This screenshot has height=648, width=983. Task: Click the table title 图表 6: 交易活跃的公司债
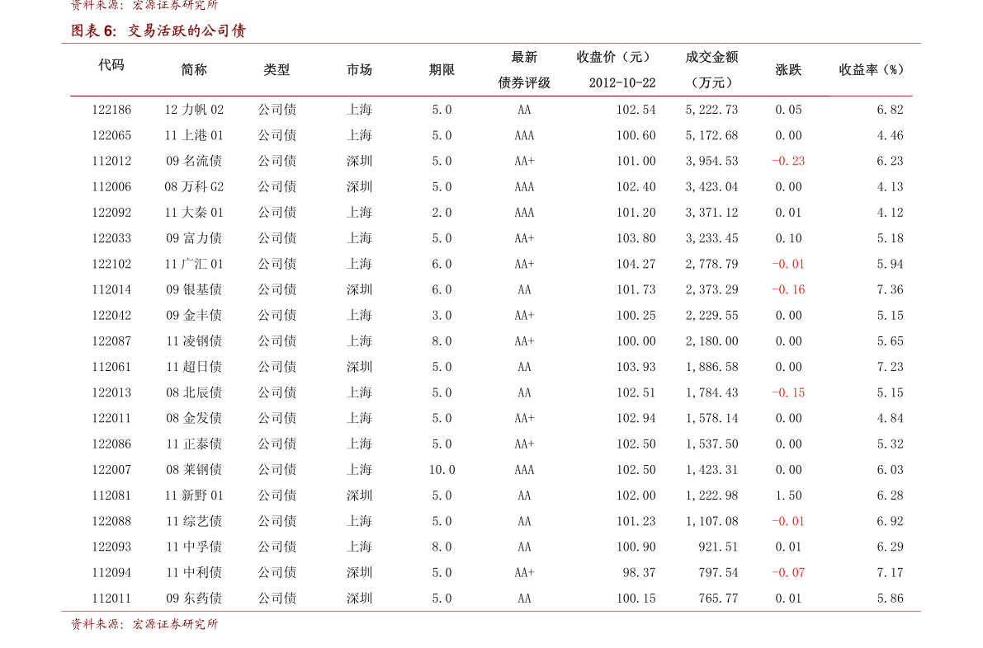point(158,31)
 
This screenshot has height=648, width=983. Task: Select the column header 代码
point(111,65)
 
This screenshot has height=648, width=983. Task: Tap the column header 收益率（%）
point(872,69)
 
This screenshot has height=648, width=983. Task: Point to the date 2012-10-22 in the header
point(621,82)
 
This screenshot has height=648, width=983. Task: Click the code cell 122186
point(111,110)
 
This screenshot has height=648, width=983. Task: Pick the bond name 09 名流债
point(194,161)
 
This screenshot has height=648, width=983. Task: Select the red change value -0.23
point(788,161)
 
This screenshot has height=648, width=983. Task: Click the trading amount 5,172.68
point(711,135)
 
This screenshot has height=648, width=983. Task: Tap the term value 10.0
point(442,470)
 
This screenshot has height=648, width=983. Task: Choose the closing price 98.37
point(639,572)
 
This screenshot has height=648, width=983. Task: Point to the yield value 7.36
point(891,289)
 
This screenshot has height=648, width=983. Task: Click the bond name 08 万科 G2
point(194,186)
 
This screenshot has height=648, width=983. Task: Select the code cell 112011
point(111,598)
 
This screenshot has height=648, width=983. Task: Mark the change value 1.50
point(789,495)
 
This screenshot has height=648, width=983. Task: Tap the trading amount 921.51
point(718,547)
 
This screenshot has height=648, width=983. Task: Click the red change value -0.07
point(788,572)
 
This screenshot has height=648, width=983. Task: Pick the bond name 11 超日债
point(194,367)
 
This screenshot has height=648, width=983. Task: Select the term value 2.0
point(442,212)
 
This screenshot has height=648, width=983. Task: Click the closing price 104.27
point(636,264)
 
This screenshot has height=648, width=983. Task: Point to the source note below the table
point(144,623)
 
